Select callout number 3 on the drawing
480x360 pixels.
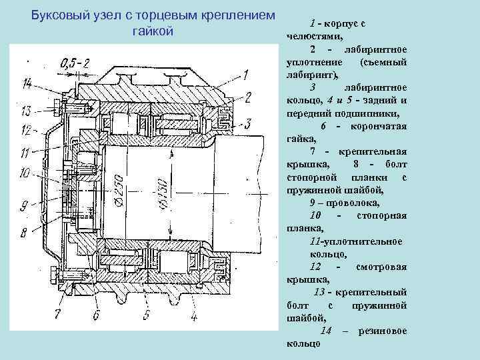(x=247, y=123)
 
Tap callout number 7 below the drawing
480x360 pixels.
(x=57, y=313)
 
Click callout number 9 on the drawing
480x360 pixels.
(x=25, y=205)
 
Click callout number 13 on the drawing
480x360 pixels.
(x=26, y=110)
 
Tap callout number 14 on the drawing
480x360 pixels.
(x=26, y=83)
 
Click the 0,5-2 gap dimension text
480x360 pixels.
(x=75, y=64)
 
